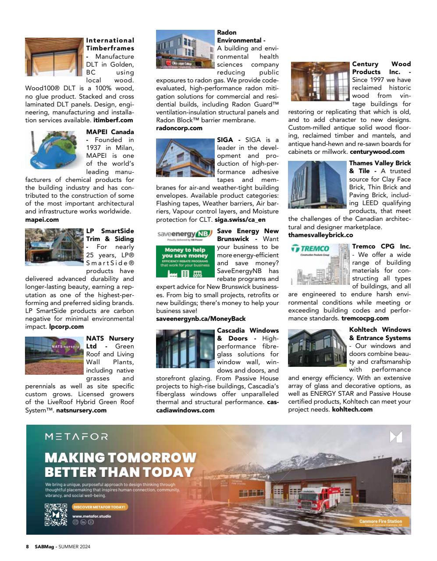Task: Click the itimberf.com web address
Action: (x=113, y=120)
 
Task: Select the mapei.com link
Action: (x=42, y=220)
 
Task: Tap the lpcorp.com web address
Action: (x=66, y=327)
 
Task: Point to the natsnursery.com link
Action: (x=81, y=410)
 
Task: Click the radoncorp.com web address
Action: (x=179, y=128)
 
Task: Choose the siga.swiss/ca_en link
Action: (x=241, y=220)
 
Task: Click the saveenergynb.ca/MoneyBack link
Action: (x=201, y=319)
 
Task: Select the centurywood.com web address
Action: (x=377, y=152)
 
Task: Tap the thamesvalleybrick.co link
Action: (x=320, y=235)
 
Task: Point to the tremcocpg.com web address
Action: (x=365, y=318)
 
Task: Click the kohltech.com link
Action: (x=352, y=409)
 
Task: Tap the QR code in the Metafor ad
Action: (x=56, y=515)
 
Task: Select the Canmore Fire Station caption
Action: (x=380, y=522)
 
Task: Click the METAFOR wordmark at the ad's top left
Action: (x=76, y=437)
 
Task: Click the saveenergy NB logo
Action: (x=184, y=234)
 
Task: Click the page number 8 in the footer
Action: (x=27, y=547)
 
